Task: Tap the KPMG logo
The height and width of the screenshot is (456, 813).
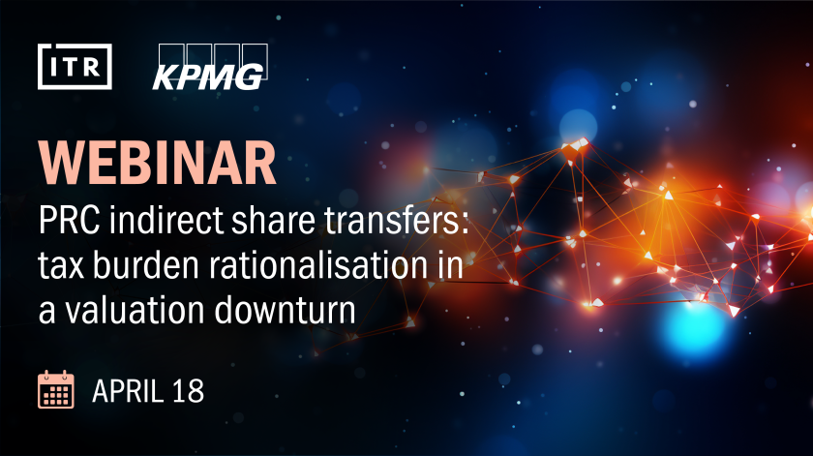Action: click(210, 67)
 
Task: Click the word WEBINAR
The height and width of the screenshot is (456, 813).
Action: click(157, 163)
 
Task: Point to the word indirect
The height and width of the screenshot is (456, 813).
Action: click(166, 220)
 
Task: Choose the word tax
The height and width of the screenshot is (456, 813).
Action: click(61, 265)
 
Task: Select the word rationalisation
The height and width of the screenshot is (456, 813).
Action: click(318, 264)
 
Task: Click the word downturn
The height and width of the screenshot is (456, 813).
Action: click(286, 310)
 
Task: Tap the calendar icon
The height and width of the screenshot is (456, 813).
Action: click(56, 389)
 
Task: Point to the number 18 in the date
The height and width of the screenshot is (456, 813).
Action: click(188, 390)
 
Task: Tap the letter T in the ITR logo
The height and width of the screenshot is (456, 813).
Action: click(75, 67)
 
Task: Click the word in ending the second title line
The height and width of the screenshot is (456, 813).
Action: click(451, 264)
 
